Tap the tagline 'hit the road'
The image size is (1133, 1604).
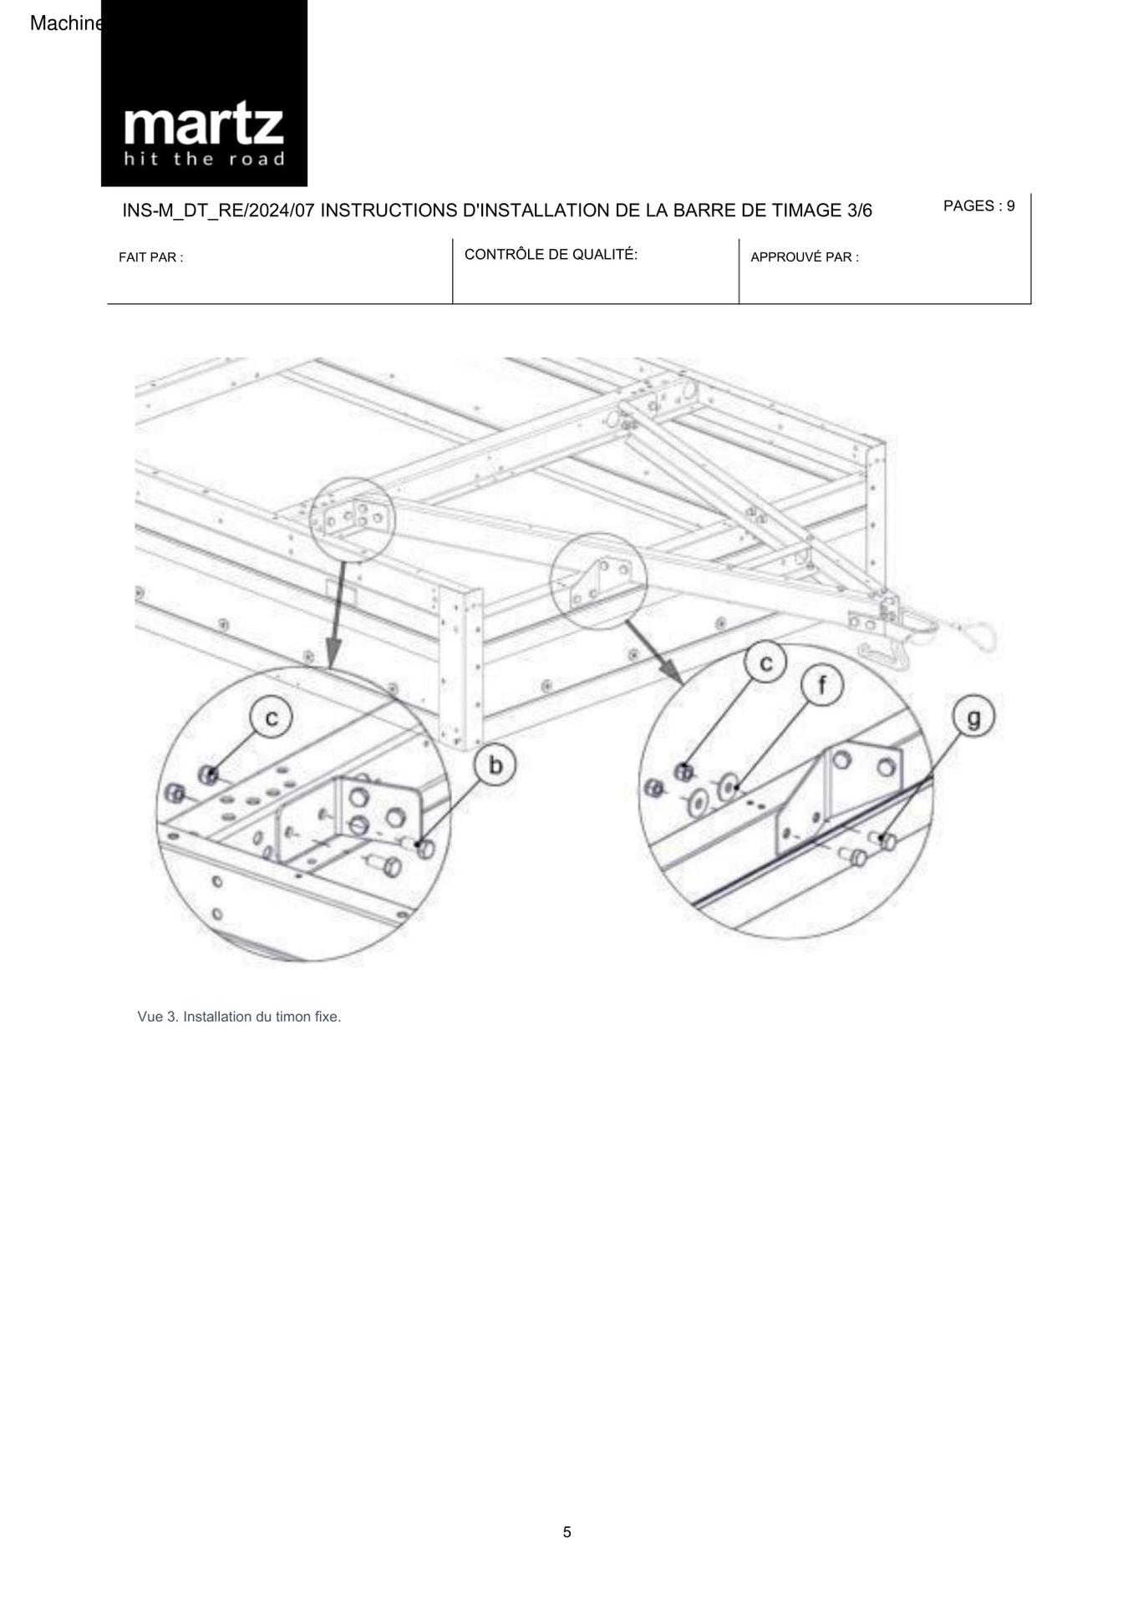pos(204,159)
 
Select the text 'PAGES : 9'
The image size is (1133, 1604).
pos(978,206)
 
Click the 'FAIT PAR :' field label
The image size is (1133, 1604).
pos(151,257)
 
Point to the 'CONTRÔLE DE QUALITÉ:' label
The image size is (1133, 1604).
pos(551,255)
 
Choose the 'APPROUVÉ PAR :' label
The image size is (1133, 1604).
pos(804,257)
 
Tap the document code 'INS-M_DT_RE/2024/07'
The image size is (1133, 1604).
pos(219,211)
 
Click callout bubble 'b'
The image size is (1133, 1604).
pos(495,765)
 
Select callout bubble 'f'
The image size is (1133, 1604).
pos(822,686)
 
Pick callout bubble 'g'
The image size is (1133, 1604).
pos(974,717)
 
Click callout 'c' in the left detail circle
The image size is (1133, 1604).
pos(272,718)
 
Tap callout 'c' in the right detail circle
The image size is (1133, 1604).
pos(765,662)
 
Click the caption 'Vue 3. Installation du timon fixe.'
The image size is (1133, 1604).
pos(239,1017)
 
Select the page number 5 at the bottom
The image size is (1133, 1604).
pos(566,1532)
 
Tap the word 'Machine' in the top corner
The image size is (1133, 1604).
pos(65,23)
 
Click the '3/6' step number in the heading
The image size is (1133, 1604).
pos(859,211)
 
